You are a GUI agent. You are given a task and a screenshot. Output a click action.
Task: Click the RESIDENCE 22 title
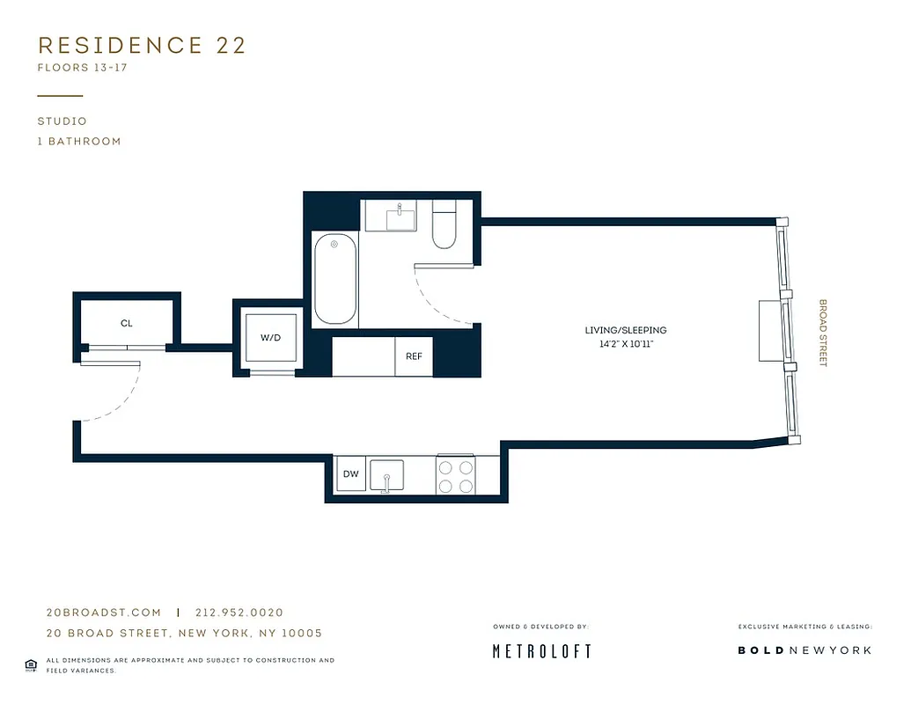pos(142,46)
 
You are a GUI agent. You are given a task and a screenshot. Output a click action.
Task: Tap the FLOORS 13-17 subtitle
pos(83,68)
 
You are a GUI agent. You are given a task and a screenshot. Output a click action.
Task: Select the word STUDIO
pos(62,121)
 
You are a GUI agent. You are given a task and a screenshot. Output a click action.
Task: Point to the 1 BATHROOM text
pos(79,141)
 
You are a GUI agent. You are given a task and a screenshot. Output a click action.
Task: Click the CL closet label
pos(126,324)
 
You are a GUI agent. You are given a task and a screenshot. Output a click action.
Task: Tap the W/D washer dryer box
pos(270,338)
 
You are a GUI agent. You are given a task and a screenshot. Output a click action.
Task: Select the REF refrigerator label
pos(414,356)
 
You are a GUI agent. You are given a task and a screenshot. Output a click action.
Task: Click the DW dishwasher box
pos(350,474)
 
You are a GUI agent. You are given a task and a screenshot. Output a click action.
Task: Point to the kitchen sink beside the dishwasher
pos(386,475)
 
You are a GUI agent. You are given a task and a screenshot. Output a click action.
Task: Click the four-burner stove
pos(456,475)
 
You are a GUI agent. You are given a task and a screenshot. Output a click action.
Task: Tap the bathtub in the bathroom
pos(335,279)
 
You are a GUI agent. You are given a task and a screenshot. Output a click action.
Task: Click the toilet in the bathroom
pos(443,224)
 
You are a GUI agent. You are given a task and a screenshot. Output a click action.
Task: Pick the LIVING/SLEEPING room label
pos(626,330)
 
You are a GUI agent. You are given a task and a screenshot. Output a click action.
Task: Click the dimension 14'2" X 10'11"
pos(626,344)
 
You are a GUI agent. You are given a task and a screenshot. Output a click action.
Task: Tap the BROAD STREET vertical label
pos(823,333)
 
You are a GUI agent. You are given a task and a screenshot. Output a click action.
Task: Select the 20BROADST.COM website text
pos(103,612)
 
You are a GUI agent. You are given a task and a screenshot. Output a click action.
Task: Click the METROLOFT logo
pos(540,651)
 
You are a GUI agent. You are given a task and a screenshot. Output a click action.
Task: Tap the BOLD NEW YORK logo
pos(804,650)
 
